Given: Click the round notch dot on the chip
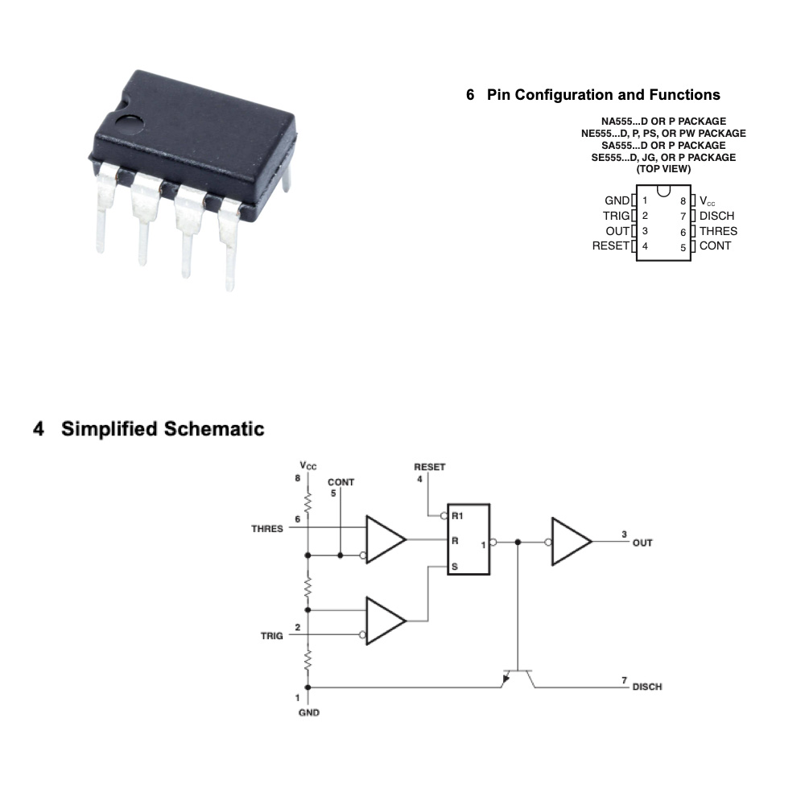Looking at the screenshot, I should click(x=128, y=124).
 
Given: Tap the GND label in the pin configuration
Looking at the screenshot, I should click(x=617, y=200).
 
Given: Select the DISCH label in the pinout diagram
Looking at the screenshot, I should click(x=716, y=216).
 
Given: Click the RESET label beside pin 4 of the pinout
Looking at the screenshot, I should click(x=610, y=246).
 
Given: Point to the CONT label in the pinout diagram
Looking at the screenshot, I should click(x=715, y=246).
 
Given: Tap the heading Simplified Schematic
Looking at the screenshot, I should click(x=163, y=429).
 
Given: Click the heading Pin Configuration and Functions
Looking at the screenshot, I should click(x=603, y=95).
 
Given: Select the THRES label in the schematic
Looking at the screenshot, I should click(x=267, y=529).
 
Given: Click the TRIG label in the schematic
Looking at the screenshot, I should click(x=272, y=636).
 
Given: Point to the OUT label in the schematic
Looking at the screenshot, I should click(x=642, y=543).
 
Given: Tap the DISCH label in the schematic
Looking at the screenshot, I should click(x=647, y=687).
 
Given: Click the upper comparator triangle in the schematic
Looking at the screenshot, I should click(x=385, y=539).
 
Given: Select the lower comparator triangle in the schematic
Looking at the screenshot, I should click(x=385, y=620).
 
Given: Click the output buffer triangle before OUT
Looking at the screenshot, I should click(x=571, y=542).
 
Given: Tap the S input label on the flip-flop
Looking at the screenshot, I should click(x=454, y=567).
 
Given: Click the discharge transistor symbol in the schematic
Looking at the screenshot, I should click(x=518, y=676).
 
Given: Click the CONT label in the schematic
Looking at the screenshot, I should click(x=341, y=482).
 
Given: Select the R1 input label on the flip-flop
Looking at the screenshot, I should click(x=457, y=515).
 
